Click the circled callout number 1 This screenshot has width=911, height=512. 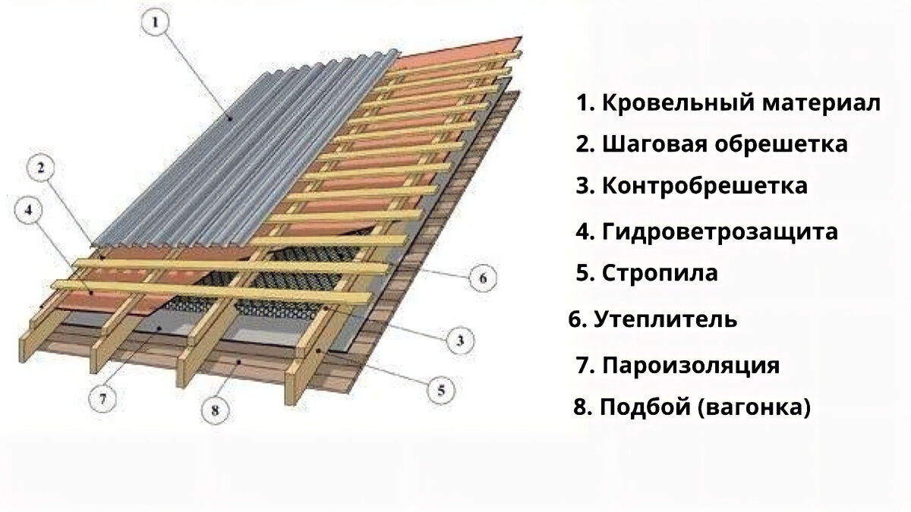[x=155, y=24]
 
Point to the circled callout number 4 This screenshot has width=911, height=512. [x=29, y=213]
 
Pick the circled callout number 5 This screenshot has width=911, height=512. [x=443, y=391]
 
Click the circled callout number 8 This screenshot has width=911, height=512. [x=215, y=411]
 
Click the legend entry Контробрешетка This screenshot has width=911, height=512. [x=705, y=185]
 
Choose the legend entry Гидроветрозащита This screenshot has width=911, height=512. [x=720, y=231]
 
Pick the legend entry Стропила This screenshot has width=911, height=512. [x=660, y=272]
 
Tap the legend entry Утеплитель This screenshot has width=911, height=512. [x=665, y=319]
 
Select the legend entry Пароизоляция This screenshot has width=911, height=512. [x=691, y=366]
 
